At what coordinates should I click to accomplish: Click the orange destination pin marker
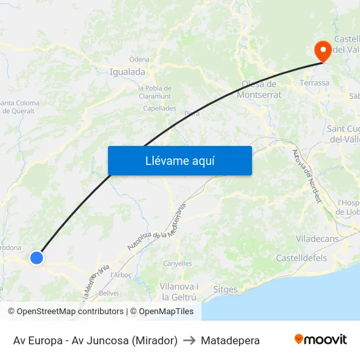point(323,50)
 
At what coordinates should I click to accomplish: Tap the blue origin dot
point(37,258)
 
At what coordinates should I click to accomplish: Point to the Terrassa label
point(314,83)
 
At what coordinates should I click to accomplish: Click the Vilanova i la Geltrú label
point(179,292)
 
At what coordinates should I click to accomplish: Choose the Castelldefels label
point(302,259)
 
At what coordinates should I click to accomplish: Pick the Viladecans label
point(317,239)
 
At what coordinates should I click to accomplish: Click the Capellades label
point(160,109)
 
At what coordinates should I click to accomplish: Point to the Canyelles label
point(177,264)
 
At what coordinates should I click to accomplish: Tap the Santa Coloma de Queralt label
point(19,107)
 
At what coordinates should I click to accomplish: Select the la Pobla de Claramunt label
point(155,92)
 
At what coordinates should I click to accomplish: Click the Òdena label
point(139,60)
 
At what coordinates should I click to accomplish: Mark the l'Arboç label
point(122,274)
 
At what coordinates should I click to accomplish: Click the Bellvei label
point(109,293)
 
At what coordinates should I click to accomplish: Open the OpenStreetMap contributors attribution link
point(67,312)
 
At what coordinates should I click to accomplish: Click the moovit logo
point(321,340)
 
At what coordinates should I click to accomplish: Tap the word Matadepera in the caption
point(230,340)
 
